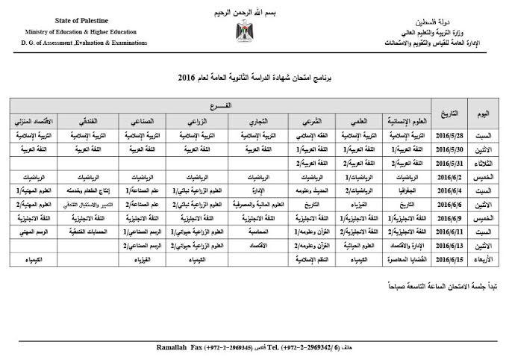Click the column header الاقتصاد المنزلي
pyautogui.click(x=31, y=120)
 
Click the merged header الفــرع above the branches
pyautogui.click(x=224, y=105)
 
